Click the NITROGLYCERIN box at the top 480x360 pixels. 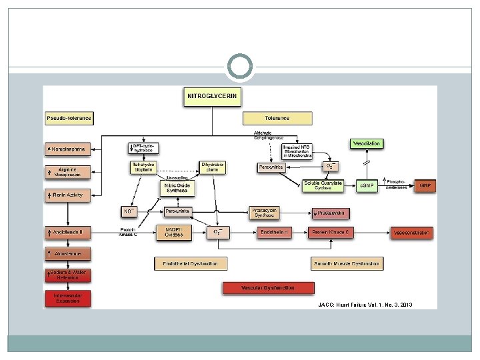point(211,97)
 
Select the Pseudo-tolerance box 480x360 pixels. point(69,119)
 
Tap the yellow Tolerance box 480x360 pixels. point(277,119)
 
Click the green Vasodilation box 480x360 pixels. point(367,143)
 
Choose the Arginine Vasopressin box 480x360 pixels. point(69,171)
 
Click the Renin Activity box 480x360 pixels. point(69,195)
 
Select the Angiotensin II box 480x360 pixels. point(69,233)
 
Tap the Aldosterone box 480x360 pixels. point(69,254)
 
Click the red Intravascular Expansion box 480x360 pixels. point(69,298)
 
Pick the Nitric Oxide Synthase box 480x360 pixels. point(177,188)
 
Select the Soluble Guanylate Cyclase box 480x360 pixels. point(322,185)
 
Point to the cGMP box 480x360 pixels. point(366,185)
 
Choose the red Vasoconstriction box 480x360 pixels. point(413,233)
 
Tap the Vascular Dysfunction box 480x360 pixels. point(268,288)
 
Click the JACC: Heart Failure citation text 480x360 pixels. point(365,305)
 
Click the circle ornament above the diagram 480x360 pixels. point(239,67)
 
